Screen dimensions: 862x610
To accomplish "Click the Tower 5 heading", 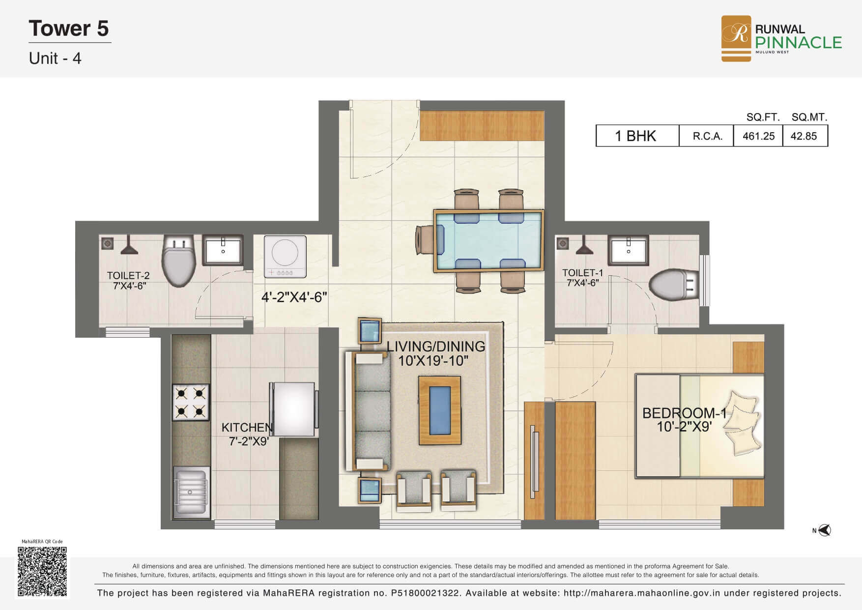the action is click(x=69, y=29).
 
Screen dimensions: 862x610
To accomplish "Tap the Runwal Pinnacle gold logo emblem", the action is click(x=736, y=38).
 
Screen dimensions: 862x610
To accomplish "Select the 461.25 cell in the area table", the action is click(x=758, y=136).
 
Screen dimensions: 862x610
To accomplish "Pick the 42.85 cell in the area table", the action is click(x=805, y=136).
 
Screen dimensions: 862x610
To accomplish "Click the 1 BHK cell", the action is click(x=637, y=136).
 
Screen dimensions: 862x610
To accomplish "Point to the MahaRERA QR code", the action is click(x=42, y=571).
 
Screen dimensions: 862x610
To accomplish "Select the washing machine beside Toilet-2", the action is click(x=285, y=257).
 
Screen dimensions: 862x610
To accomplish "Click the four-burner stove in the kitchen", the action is click(x=191, y=402).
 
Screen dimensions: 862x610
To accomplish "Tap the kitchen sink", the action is click(x=191, y=492).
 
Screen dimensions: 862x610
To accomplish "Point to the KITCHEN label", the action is click(x=247, y=428).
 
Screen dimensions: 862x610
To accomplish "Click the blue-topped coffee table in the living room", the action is click(x=440, y=410).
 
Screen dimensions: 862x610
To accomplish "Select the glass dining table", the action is click(x=488, y=241).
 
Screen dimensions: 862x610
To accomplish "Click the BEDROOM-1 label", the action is click(x=684, y=413).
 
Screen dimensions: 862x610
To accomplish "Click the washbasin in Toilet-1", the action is click(x=629, y=249).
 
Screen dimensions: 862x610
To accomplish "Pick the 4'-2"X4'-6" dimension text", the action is click(x=294, y=297).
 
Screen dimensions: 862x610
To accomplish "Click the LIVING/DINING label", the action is click(x=436, y=347).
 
